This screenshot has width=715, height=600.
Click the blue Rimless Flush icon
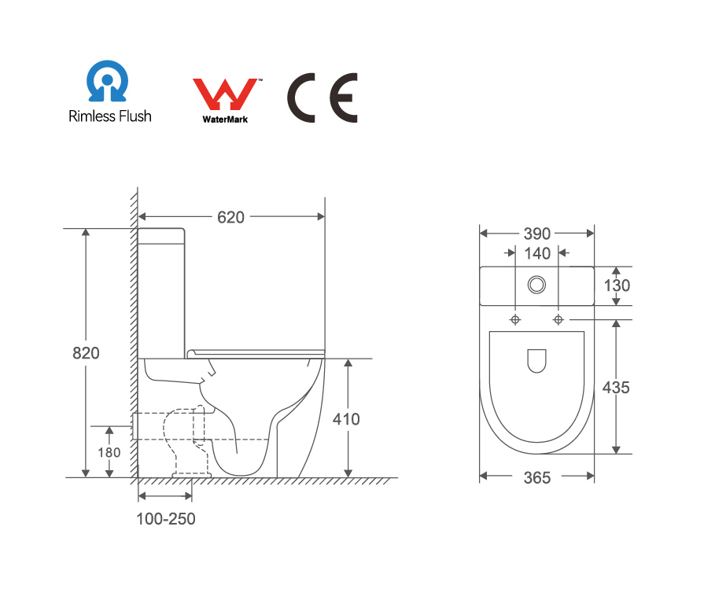coord(107,81)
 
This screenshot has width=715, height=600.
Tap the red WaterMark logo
coord(225,94)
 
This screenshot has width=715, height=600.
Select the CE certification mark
coord(322,98)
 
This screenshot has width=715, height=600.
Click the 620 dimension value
coord(230,218)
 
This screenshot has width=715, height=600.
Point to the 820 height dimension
coord(86,353)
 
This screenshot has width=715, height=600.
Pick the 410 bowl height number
coord(346,419)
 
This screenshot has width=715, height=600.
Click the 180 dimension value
coord(109,452)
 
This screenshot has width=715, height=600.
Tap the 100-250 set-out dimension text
coord(166,519)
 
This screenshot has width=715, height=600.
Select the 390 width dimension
coord(537,234)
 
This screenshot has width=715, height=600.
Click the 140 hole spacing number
coord(537,253)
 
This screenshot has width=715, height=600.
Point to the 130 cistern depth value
coord(617,286)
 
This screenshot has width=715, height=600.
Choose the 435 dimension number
coord(616,388)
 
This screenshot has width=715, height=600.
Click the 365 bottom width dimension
coord(537,478)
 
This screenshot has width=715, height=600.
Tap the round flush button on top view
coord(536,285)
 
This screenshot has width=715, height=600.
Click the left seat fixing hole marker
coord(515,319)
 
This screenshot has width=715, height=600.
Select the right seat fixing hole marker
coord(558,319)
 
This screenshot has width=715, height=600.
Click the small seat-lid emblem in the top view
coord(536,361)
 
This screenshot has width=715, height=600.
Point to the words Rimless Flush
coord(110,116)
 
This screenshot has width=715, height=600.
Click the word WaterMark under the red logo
coord(225,120)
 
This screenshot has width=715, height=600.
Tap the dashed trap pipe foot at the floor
coord(191,475)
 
